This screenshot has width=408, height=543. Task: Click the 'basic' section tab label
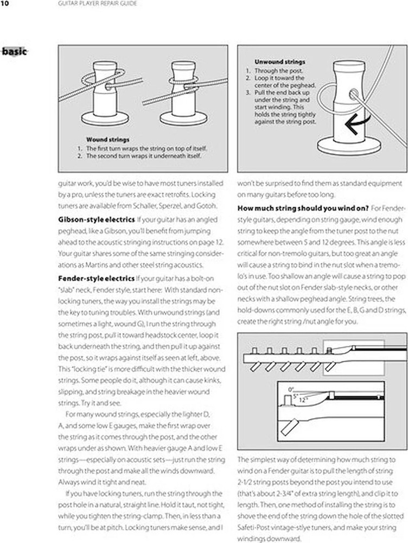coord(15,52)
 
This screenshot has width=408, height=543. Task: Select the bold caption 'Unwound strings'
coord(279,62)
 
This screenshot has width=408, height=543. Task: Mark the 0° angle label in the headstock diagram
coord(291,389)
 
